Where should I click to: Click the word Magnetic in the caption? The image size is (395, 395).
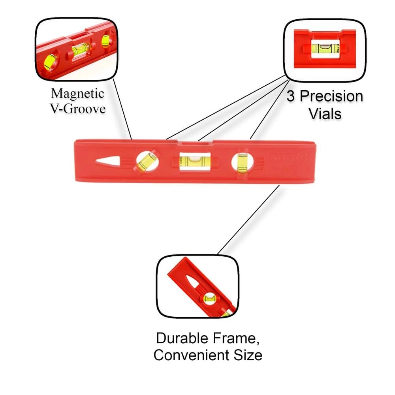point(78,94)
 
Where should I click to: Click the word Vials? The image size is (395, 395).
point(325,114)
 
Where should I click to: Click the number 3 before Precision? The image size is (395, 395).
point(291,96)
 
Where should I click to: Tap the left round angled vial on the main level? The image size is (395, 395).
point(147,161)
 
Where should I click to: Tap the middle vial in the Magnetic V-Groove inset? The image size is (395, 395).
point(81,49)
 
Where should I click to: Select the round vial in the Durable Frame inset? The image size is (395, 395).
point(209,297)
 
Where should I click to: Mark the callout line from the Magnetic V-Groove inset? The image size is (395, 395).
point(123,109)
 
